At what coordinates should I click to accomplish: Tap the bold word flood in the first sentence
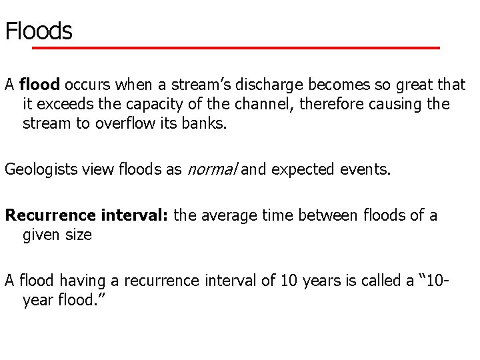click(40, 85)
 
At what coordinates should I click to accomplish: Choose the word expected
click(302, 169)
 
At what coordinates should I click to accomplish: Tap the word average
click(237, 216)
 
